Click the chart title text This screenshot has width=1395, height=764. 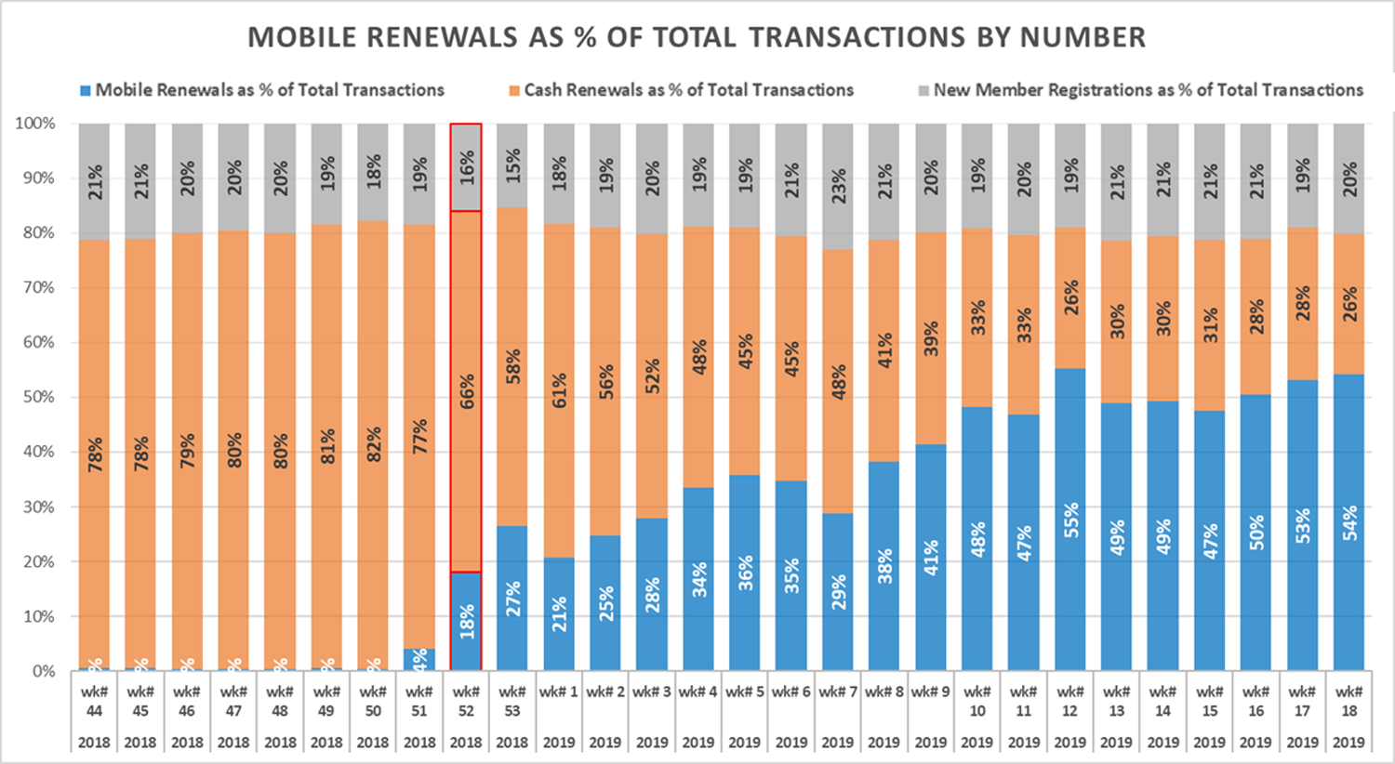697,37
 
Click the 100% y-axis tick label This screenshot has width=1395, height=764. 35,124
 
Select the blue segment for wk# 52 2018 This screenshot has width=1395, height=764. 466,621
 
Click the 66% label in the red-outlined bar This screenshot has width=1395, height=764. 467,391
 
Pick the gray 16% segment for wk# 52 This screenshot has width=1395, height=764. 466,167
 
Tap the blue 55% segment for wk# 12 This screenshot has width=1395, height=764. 1070,520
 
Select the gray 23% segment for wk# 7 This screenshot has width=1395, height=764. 838,187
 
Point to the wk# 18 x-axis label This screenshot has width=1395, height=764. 1348,702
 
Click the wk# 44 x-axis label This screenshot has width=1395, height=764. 94,702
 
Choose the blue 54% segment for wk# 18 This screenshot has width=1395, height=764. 1348,522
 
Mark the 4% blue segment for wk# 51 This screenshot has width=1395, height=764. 419,660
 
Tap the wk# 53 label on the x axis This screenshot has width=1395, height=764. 512,702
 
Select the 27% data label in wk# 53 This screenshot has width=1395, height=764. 513,599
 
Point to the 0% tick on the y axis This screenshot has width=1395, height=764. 43,671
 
